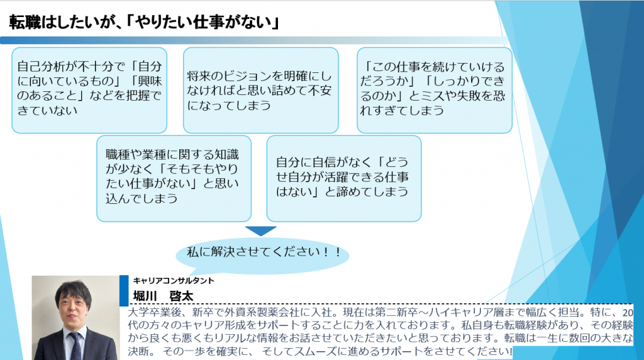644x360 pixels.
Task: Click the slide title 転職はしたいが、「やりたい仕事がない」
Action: [x=144, y=22]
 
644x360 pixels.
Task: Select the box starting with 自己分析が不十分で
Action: [x=89, y=91]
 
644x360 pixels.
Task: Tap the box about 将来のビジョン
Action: [x=261, y=91]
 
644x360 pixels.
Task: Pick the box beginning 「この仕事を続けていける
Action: [x=435, y=91]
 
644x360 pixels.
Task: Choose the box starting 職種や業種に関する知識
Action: [x=174, y=179]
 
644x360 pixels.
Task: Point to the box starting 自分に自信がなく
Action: [x=344, y=179]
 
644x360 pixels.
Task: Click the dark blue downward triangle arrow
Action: [x=261, y=231]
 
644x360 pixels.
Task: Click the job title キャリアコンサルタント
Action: [x=174, y=281]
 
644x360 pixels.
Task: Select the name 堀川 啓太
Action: [x=163, y=296]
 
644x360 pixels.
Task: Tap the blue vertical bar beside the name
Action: [x=124, y=291]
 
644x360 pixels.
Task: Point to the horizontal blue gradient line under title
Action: [x=254, y=40]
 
